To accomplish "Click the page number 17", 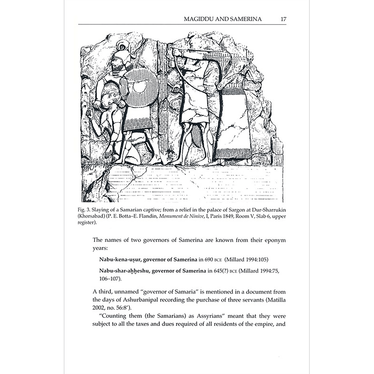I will [x=283, y=19].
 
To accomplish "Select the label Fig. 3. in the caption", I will [x=84, y=210].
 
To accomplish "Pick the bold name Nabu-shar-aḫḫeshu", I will [x=124, y=271].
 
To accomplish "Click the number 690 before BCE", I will [x=209, y=259].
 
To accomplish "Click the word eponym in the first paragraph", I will [x=275, y=240].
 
